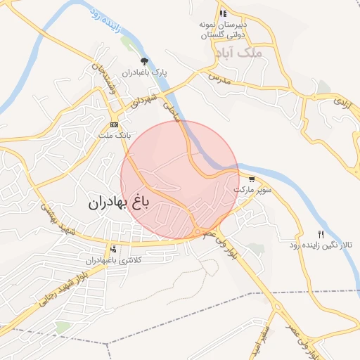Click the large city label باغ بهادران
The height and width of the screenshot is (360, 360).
(119, 204)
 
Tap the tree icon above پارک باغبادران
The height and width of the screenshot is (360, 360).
(145, 61)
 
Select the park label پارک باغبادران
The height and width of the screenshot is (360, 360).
(144, 72)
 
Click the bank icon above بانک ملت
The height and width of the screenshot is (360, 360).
(114, 124)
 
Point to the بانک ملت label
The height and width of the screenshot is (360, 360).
(113, 134)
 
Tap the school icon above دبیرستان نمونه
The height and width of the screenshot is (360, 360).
(223, 13)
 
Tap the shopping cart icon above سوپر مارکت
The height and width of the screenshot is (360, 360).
(252, 179)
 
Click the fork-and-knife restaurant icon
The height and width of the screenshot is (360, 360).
(321, 234)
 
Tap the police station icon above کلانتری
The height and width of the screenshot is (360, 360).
(113, 250)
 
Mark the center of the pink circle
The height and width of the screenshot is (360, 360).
(179, 179)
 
